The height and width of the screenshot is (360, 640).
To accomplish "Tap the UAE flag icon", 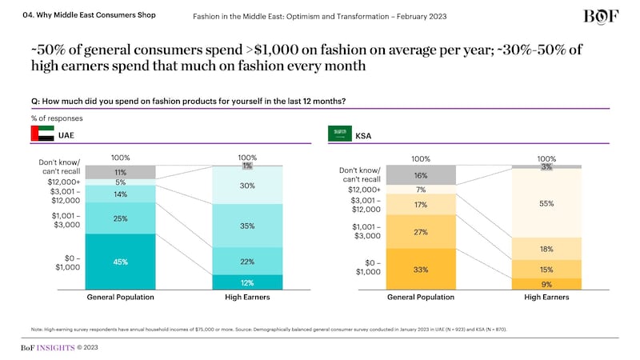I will pyautogui.click(x=42, y=134).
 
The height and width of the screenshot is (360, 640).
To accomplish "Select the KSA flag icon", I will pyautogui.click(x=339, y=134).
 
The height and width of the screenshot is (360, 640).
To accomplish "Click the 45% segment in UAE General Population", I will pyautogui.click(x=120, y=262).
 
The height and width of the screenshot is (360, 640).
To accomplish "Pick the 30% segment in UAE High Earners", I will pyautogui.click(x=247, y=186).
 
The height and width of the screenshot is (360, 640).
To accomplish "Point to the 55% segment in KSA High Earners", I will pyautogui.click(x=546, y=203).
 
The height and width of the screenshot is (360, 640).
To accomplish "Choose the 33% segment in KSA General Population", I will pyautogui.click(x=420, y=270).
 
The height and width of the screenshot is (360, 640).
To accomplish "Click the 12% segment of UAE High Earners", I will pyautogui.click(x=247, y=282).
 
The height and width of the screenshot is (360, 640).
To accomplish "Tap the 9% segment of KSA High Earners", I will pyautogui.click(x=546, y=283).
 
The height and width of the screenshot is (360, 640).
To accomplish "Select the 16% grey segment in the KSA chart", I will pyautogui.click(x=420, y=175).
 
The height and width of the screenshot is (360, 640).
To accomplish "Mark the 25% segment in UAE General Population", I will pyautogui.click(x=120, y=218).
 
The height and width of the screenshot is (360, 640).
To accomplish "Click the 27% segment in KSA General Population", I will pyautogui.click(x=420, y=232).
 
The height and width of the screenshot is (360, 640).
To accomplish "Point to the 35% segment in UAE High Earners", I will pyautogui.click(x=247, y=226).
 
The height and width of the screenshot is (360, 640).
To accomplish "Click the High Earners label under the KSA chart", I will pyautogui.click(x=546, y=298).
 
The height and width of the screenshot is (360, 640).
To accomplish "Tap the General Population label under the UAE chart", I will pyautogui.click(x=120, y=298).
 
